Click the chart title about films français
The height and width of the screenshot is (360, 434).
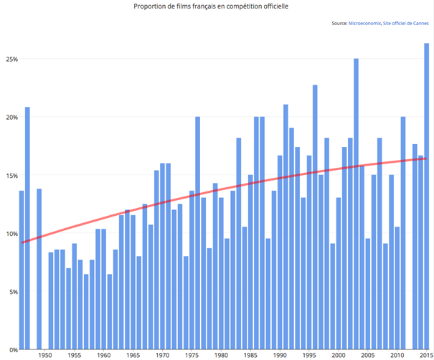(x=215, y=6)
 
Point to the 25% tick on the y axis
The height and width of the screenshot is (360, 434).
(x=9, y=59)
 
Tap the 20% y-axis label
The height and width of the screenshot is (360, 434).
(x=9, y=117)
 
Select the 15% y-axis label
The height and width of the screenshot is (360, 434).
(x=9, y=175)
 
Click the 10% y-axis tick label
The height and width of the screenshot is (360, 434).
(x=9, y=234)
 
